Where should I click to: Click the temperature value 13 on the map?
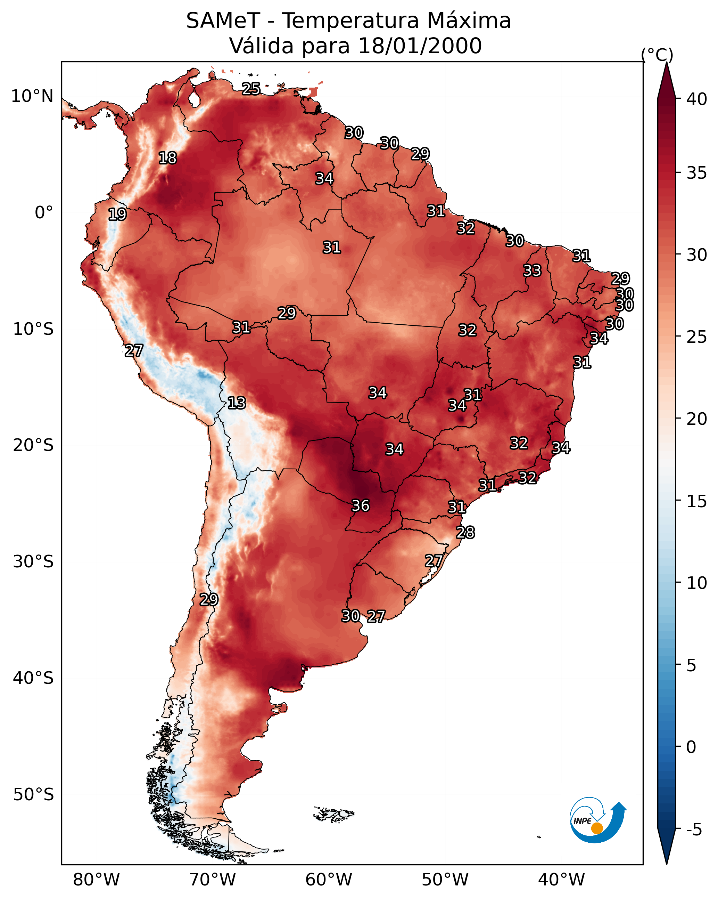tap(237, 403)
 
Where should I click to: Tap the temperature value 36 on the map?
tap(361, 506)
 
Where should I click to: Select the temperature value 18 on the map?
tap(167, 158)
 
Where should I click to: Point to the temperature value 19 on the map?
tap(117, 214)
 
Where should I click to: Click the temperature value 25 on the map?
tap(251, 89)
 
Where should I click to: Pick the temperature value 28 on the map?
tap(465, 533)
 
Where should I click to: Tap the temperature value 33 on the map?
tap(532, 270)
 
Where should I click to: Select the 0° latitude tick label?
tap(44, 213)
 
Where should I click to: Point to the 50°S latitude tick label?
tap(33, 795)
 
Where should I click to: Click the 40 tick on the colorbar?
tap(697, 99)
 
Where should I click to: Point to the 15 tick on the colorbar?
tap(697, 501)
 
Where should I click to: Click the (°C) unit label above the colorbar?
tap(657, 55)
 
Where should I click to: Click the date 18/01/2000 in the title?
tap(420, 46)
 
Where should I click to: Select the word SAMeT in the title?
tap(223, 21)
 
